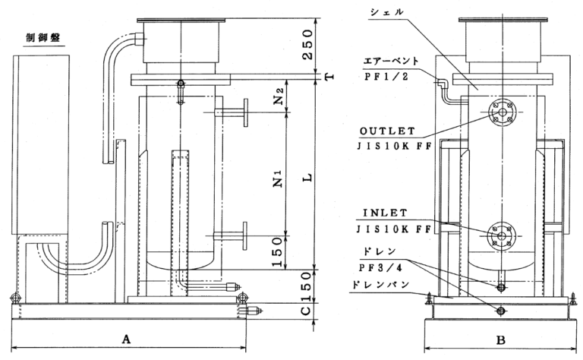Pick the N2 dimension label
coord(278,96)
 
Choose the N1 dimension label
coord(278,181)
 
